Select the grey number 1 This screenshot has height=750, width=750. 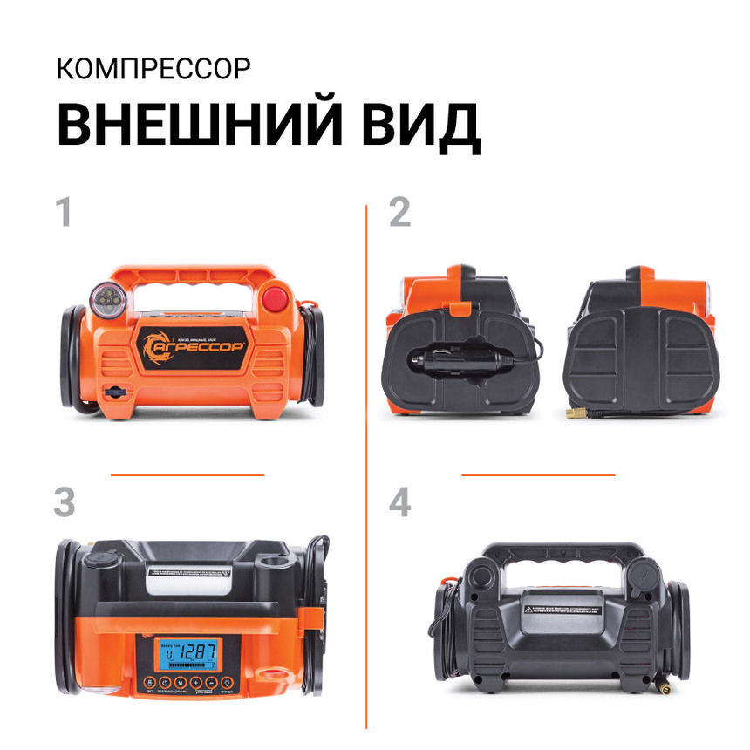tap(63, 213)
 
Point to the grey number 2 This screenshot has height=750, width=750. tap(399, 213)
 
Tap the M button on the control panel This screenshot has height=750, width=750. tap(180, 682)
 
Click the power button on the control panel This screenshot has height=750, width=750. tap(148, 682)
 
